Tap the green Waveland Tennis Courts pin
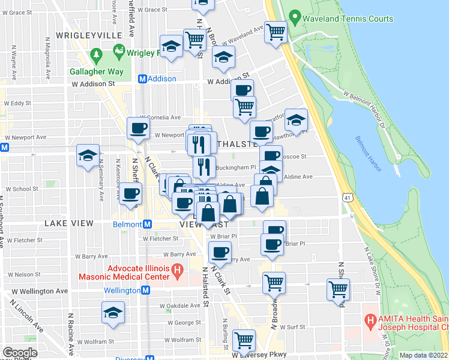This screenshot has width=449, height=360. [294, 17]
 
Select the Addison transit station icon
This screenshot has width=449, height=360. [143, 79]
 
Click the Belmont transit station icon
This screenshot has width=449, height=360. [148, 224]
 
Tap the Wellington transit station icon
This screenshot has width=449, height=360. [146, 290]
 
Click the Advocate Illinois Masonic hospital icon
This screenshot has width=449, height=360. [176, 272]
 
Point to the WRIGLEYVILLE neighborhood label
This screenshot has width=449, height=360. [89, 36]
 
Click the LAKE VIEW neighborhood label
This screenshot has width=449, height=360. [69, 223]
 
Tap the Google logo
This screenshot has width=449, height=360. [20, 353]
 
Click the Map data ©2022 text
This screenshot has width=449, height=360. [423, 355]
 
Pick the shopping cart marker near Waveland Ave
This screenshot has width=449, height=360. [276, 31]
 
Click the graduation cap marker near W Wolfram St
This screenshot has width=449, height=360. [112, 313]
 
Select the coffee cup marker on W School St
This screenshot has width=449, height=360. [130, 193]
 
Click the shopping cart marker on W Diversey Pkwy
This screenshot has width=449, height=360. [244, 340]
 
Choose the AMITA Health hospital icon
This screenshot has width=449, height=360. [370, 322]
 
